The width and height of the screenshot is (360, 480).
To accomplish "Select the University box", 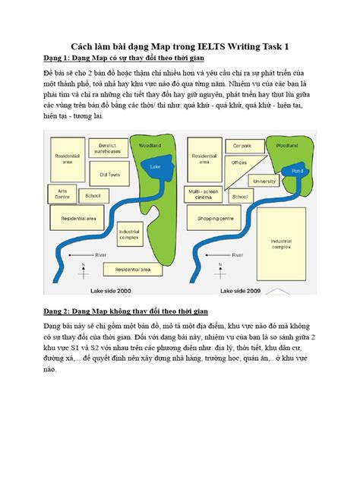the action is click(x=264, y=182).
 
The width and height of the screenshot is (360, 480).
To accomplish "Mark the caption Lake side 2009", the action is click(x=241, y=289).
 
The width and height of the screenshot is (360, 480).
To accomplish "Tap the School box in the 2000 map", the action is click(x=93, y=196).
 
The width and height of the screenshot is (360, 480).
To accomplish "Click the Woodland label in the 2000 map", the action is click(x=147, y=144).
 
